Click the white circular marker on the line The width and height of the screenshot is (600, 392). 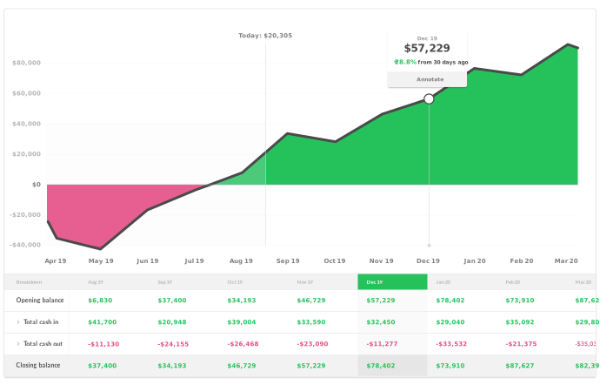[x=429, y=98]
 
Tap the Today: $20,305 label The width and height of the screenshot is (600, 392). [x=265, y=36]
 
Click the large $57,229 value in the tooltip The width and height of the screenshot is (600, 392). [x=427, y=49]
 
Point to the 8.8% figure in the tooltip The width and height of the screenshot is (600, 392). [x=406, y=63]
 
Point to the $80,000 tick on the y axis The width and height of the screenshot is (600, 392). [x=27, y=63]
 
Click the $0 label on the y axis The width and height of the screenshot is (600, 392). [x=36, y=185]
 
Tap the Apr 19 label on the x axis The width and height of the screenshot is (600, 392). [x=56, y=260]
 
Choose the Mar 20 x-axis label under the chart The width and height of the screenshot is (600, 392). [x=567, y=260]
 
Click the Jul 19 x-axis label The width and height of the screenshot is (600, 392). [x=194, y=260]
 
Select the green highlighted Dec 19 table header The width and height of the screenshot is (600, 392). [x=392, y=282]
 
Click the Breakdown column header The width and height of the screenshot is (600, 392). [x=30, y=282]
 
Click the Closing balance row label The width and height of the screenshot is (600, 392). [x=38, y=366]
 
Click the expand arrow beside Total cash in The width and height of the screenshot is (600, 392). [x=17, y=322]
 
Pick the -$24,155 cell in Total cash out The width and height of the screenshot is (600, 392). [x=173, y=344]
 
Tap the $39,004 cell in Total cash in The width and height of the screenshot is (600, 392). [x=241, y=322]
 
